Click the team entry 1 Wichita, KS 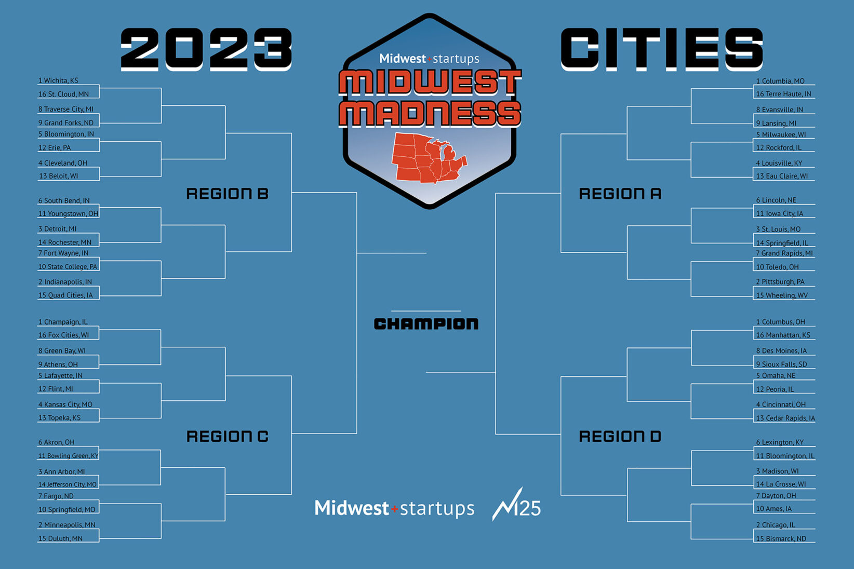(58, 80)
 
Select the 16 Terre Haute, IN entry (783, 94)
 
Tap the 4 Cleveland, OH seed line (62, 162)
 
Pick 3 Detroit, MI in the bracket (57, 228)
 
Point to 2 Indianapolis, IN (65, 281)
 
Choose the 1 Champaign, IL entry (62, 322)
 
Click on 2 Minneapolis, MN (66, 525)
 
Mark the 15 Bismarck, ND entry (781, 538)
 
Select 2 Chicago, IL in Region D (776, 525)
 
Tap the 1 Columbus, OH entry (780, 322)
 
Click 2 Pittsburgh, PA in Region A (780, 281)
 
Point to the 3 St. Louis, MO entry (778, 229)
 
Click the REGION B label (227, 194)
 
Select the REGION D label (620, 436)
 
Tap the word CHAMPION (426, 324)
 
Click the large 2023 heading (206, 49)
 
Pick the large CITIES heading (662, 49)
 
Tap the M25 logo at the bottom (516, 504)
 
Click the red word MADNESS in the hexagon (430, 113)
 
